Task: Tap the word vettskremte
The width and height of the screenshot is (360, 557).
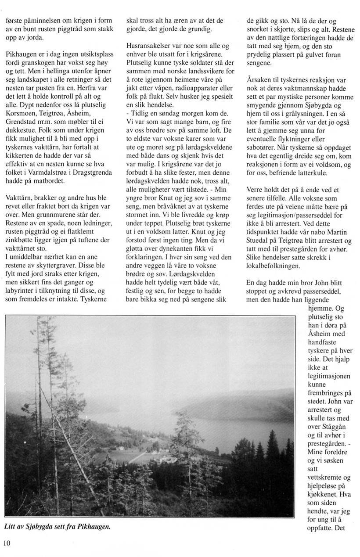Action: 326,477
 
